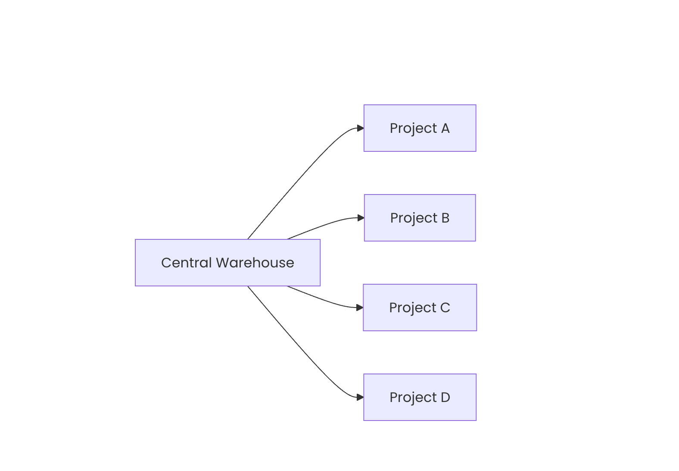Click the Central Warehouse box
227,263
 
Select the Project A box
420,128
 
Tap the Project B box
420,218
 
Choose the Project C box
420,308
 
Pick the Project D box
420,397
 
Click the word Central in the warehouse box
186,263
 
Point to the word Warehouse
255,263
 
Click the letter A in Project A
445,128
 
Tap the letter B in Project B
445,218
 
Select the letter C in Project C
445,308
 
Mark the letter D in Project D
445,397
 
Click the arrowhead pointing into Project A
361,128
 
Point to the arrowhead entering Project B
361,218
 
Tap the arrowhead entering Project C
360,308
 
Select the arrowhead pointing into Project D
360,397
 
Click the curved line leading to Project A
300,179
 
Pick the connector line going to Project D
300,346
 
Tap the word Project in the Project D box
413,398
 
